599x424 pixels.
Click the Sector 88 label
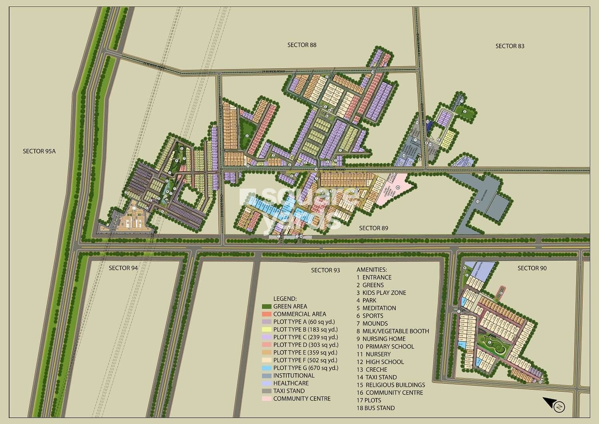pos(301,45)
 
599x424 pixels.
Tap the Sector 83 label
pos(510,46)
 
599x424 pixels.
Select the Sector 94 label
pos(123,268)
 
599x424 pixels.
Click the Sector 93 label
pos(325,270)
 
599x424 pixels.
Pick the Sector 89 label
pos(373,228)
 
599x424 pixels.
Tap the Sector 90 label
pos(532,268)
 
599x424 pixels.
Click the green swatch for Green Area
pos(266,307)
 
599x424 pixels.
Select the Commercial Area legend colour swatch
pos(266,314)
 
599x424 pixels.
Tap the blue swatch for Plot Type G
pos(266,368)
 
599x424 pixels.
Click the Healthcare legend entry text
pos(291,383)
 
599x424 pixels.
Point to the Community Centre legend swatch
pos(266,399)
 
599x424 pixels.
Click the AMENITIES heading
pos(371,270)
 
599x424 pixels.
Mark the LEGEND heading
pos(285,299)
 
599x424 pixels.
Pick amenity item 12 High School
pos(380,362)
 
